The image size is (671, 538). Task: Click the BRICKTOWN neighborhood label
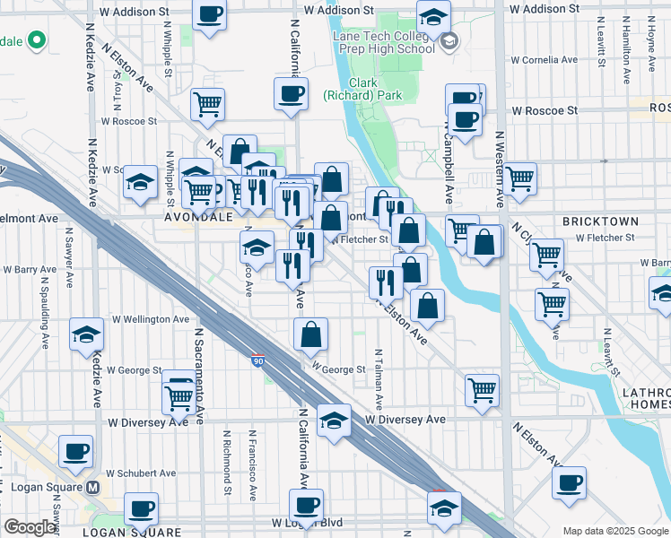(600, 221)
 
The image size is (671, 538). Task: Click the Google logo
(30, 527)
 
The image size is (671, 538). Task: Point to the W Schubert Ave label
(141, 473)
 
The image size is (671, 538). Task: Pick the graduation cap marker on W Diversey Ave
(334, 420)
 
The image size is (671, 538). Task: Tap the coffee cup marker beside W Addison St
(210, 14)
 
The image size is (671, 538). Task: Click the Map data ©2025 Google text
(614, 530)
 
